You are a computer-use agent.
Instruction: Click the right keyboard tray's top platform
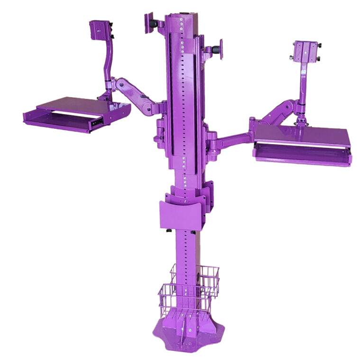coord(303,136)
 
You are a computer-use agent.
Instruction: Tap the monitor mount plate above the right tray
coord(306,51)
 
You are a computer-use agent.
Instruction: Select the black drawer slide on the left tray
coord(97,124)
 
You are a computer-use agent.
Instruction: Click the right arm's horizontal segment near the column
coord(230,140)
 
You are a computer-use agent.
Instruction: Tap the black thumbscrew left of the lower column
coord(168,231)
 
